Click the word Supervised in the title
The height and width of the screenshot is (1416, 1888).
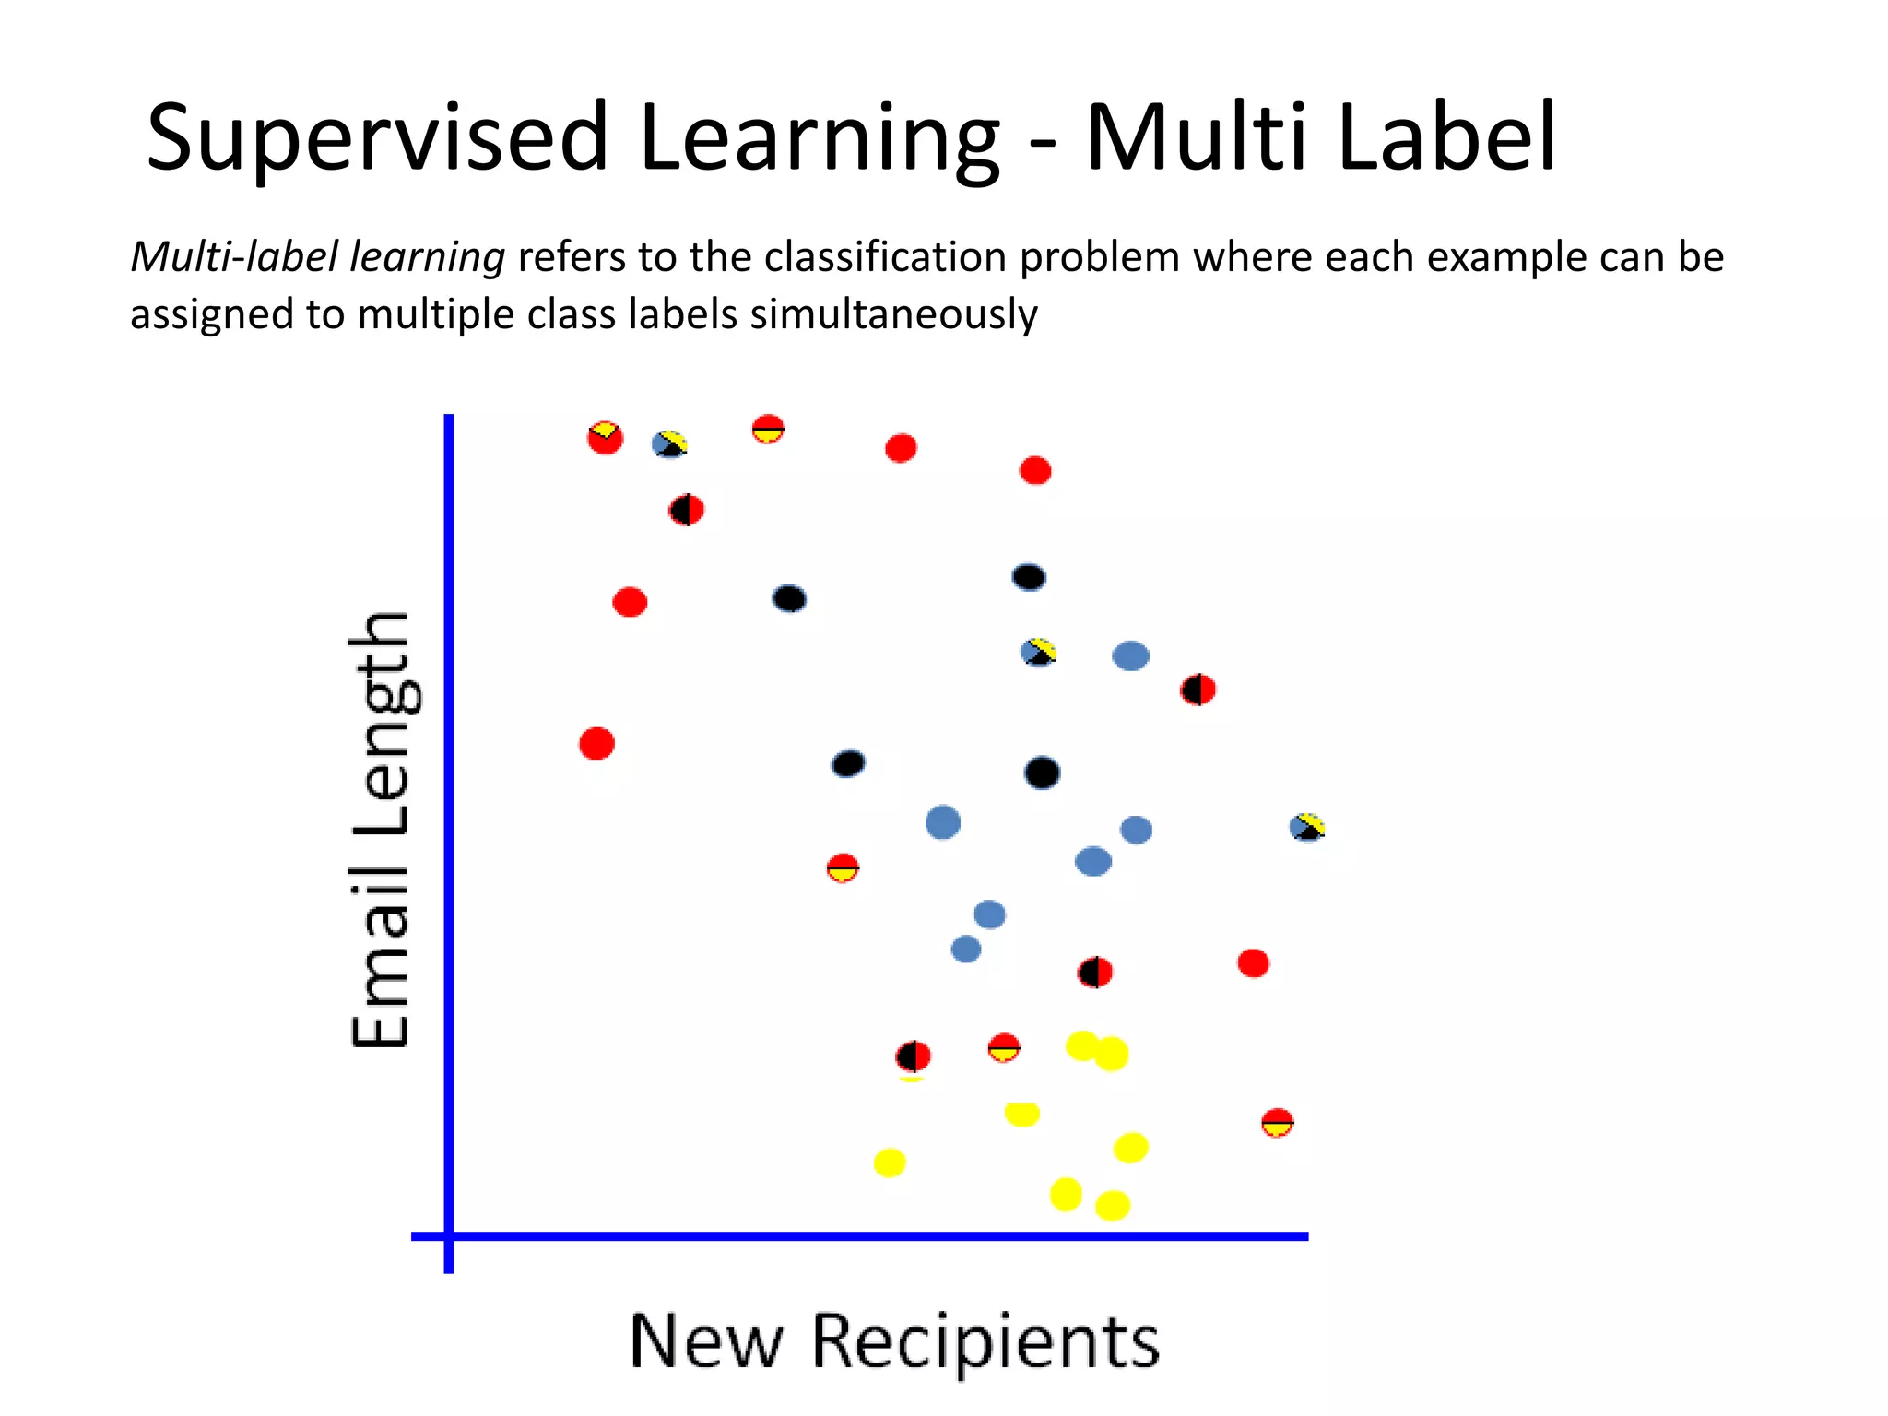pyautogui.click(x=376, y=138)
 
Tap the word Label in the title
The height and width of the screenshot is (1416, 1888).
pyautogui.click(x=1445, y=138)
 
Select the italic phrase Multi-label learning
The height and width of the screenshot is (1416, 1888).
pyautogui.click(x=317, y=257)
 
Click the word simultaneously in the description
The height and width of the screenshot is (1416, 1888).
pyautogui.click(x=893, y=314)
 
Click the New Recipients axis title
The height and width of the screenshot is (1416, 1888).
pyautogui.click(x=893, y=1342)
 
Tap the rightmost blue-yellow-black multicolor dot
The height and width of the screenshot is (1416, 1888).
pyautogui.click(x=1307, y=827)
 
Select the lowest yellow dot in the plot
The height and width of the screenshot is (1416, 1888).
pyautogui.click(x=1113, y=1205)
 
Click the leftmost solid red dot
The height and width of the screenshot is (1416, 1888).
pyautogui.click(x=596, y=743)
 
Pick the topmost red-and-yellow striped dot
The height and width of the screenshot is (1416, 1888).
pyautogui.click(x=768, y=429)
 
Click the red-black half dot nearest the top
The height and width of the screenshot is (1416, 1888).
pyautogui.click(x=686, y=509)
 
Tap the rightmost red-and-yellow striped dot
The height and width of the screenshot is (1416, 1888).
pyautogui.click(x=1277, y=1122)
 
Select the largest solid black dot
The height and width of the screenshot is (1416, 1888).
pyautogui.click(x=1042, y=773)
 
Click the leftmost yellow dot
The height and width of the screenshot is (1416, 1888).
pyautogui.click(x=890, y=1162)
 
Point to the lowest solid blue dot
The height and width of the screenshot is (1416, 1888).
pyautogui.click(x=965, y=949)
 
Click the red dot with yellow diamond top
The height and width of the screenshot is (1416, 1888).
pyautogui.click(x=605, y=437)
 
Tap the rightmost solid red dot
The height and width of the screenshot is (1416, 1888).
pyautogui.click(x=1253, y=963)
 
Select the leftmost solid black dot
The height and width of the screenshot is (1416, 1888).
pyautogui.click(x=789, y=598)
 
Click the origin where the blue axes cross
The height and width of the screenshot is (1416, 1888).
pyautogui.click(x=449, y=1235)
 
